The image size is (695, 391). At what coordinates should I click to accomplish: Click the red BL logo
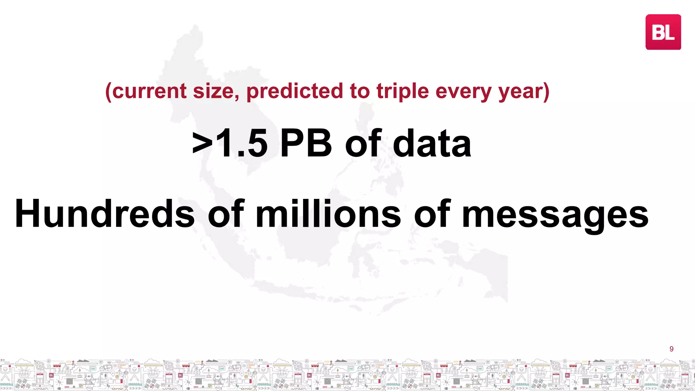point(663,32)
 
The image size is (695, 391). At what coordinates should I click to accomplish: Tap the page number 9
point(671,349)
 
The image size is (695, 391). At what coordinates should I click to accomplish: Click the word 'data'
point(432,144)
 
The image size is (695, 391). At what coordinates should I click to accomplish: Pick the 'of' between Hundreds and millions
point(226,214)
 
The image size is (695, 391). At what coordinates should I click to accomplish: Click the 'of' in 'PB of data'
point(363,144)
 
